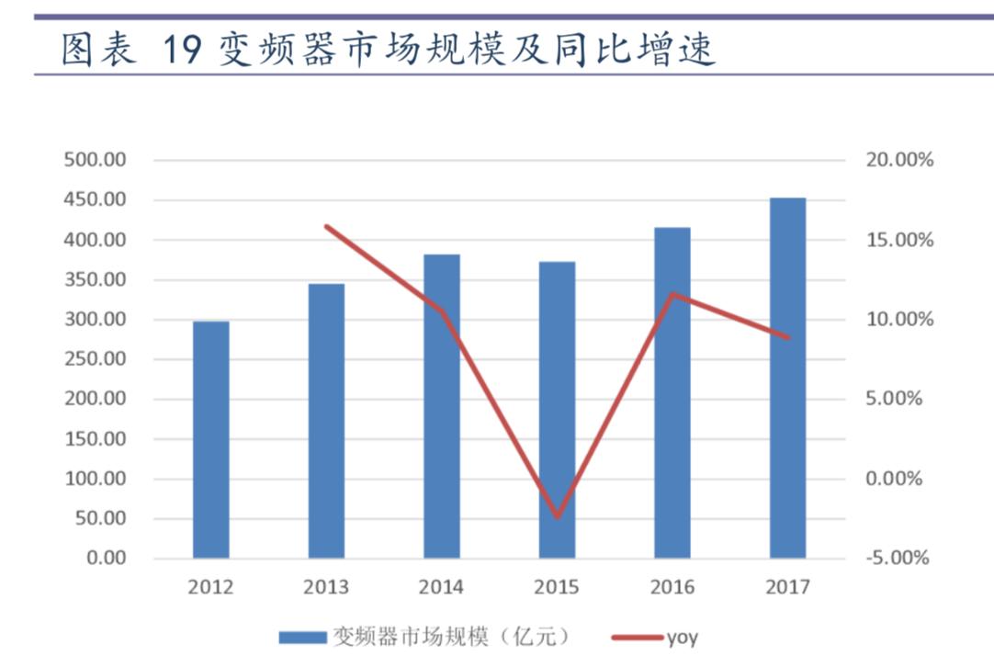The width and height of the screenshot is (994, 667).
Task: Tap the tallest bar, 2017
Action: point(787,378)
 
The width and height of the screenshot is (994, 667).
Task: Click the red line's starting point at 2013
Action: point(326,226)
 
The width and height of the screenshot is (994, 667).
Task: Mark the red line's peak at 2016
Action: point(672,295)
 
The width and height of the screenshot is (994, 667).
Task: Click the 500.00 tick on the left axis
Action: point(95,160)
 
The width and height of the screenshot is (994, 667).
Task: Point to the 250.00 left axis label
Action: point(95,359)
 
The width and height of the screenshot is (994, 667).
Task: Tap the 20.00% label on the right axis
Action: point(899,160)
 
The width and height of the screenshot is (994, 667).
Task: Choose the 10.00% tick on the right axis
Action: point(899,320)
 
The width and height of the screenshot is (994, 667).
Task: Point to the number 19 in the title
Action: point(181,51)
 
